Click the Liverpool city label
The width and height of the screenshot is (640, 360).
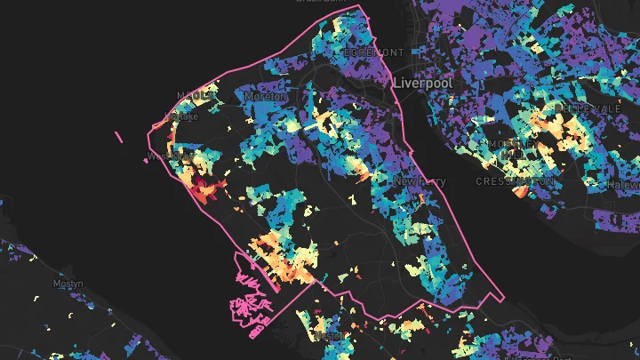point(422,83)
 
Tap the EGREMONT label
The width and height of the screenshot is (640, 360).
point(375,52)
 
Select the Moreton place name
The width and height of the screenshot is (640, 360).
point(267,95)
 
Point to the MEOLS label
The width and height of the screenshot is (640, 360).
point(194,95)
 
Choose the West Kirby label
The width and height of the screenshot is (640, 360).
point(169,156)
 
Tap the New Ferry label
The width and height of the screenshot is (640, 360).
point(419,181)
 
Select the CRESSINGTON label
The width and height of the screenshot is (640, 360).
point(516,180)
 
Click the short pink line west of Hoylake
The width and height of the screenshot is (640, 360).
point(118,137)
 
